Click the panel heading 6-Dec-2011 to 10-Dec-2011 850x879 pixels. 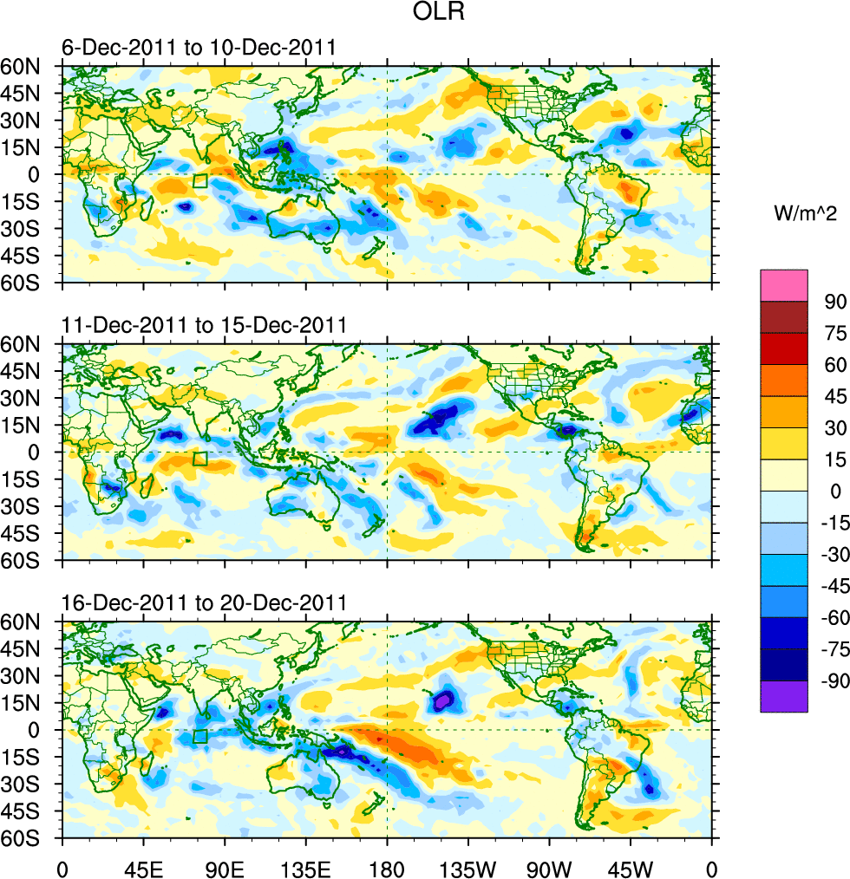point(198,47)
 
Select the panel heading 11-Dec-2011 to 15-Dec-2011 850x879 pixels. point(204,325)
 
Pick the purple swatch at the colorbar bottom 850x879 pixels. point(783,696)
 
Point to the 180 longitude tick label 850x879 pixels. point(387,867)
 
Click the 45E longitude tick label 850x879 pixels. point(143,867)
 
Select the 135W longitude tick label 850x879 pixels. point(467,867)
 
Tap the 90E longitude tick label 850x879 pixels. point(225,867)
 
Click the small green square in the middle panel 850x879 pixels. point(200,459)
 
